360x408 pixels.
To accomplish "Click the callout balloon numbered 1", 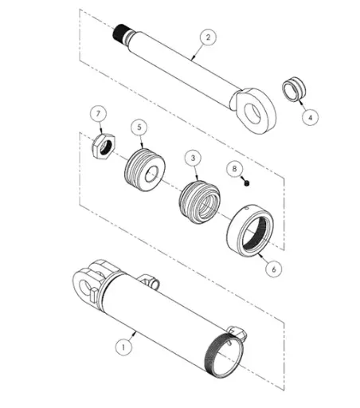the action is point(123,347).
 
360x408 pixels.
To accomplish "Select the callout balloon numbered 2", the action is point(208,37).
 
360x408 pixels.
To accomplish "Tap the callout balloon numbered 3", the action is point(193,158).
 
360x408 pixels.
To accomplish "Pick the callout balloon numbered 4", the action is point(310,117).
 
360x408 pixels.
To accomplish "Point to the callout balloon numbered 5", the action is point(139,127).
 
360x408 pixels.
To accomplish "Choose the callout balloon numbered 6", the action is point(274,269).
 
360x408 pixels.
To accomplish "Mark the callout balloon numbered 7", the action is point(98,114).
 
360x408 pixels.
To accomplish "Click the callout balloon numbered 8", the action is point(234,168).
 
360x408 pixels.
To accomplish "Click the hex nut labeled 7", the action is point(104,147).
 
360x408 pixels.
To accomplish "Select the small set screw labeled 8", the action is point(247,183).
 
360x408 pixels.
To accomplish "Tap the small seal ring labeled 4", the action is point(294,89).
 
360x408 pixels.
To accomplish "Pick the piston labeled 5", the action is point(145,170).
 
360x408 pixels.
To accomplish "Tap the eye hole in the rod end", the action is point(252,114).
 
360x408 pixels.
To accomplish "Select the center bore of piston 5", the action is point(151,175).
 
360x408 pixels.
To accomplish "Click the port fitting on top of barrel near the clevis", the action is point(149,280).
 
